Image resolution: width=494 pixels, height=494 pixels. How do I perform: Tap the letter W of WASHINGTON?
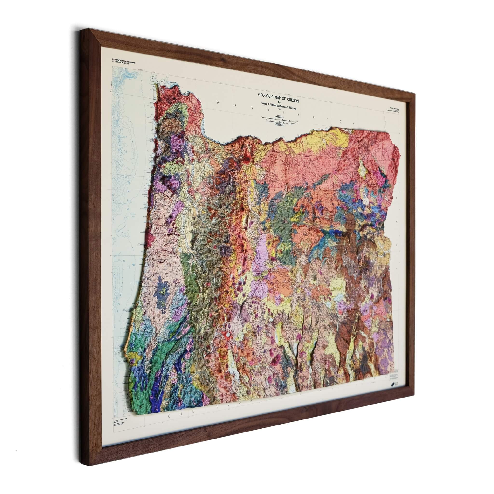pyautogui.click(x=218, y=103)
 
